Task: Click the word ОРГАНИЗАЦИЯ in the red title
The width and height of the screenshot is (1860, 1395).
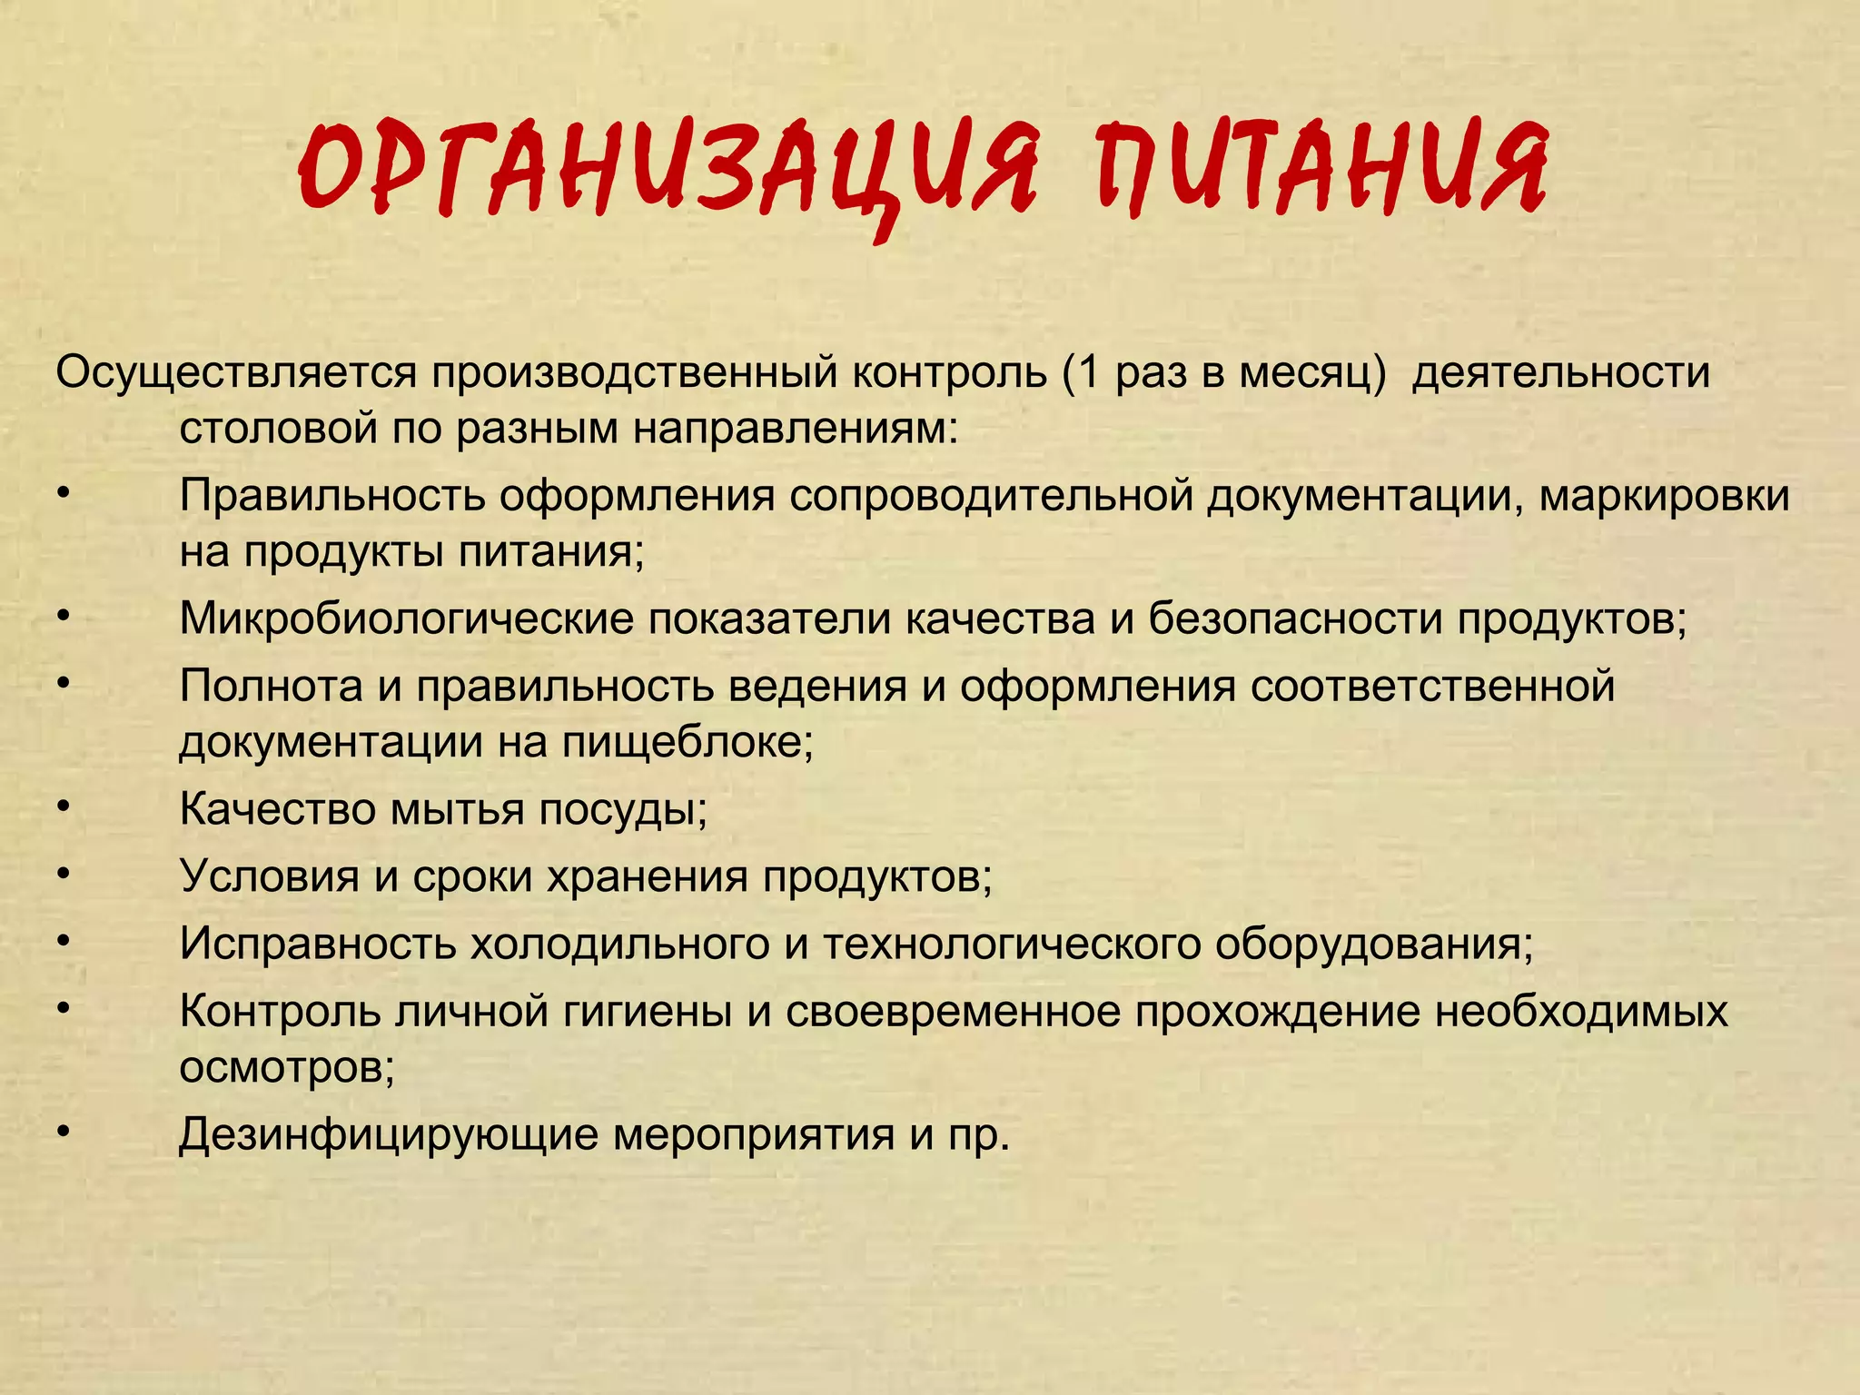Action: [x=668, y=168]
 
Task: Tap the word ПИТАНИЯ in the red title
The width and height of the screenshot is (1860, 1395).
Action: [x=1321, y=168]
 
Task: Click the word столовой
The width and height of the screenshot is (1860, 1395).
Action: [x=278, y=428]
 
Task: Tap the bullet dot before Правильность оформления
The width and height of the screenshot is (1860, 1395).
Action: [x=62, y=493]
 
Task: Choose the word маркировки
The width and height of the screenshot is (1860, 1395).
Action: [x=1664, y=496]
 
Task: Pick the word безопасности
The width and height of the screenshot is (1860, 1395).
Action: [x=1295, y=619]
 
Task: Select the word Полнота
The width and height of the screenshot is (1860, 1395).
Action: [x=271, y=686]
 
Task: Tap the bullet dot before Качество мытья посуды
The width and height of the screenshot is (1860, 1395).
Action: [x=62, y=806]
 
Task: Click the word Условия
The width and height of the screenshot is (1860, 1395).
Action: [x=269, y=876]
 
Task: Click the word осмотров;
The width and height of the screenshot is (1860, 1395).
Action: [x=287, y=1067]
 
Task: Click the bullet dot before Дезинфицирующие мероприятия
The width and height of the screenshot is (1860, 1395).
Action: [x=62, y=1132]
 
